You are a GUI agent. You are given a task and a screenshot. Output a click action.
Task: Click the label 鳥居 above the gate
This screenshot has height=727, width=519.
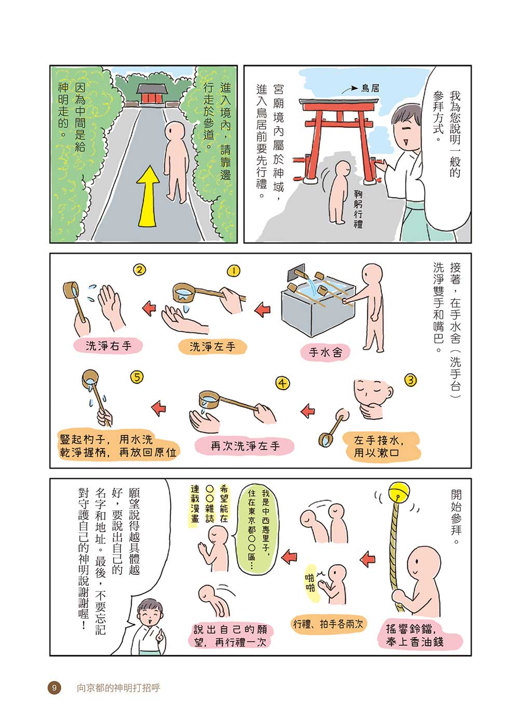(x=370, y=88)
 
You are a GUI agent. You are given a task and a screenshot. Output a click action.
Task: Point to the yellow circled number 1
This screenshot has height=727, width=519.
(x=234, y=271)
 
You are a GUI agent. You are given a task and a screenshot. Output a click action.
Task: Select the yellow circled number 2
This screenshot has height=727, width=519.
(x=140, y=270)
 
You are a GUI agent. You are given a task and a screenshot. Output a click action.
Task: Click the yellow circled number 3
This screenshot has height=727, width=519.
(x=410, y=379)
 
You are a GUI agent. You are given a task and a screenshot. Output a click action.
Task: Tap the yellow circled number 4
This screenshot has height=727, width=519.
(x=282, y=383)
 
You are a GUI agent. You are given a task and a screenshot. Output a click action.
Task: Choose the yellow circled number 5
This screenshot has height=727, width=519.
(x=137, y=377)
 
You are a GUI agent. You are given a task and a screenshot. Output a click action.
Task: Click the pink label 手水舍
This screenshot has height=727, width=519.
(x=325, y=352)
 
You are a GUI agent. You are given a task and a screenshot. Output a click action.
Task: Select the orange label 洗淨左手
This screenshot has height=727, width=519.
(x=212, y=347)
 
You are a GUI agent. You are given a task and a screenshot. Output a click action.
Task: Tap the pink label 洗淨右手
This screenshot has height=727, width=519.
(x=108, y=346)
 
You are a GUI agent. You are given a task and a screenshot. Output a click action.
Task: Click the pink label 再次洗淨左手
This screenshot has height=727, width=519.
(x=244, y=446)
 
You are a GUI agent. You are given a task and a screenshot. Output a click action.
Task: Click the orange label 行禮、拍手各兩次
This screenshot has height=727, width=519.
(x=328, y=624)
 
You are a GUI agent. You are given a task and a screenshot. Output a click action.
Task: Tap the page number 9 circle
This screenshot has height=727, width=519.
(x=54, y=688)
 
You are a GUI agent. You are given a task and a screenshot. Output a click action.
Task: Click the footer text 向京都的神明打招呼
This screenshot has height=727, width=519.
(x=118, y=688)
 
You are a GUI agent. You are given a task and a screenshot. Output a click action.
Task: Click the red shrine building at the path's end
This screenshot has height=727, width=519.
(x=152, y=95)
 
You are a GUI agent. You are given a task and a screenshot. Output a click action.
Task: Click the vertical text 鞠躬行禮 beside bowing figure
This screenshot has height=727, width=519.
(x=358, y=209)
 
